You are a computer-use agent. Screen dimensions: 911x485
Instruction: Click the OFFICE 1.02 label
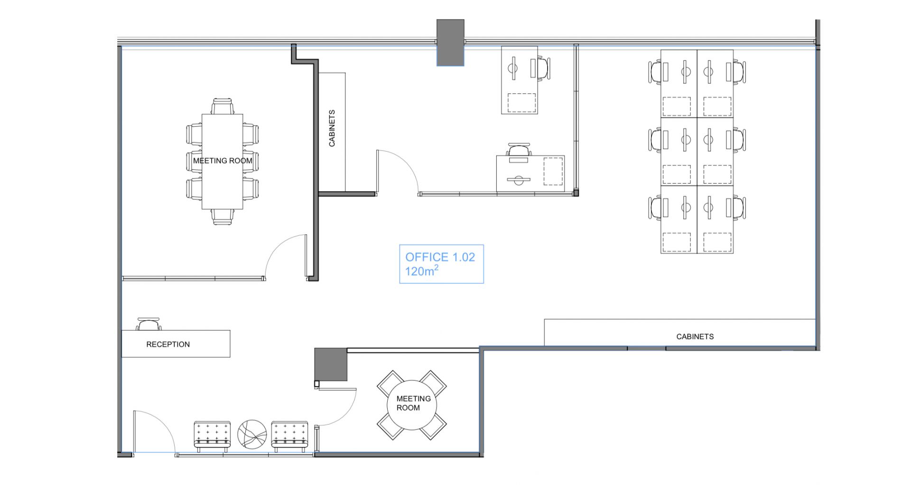pyautogui.click(x=440, y=257)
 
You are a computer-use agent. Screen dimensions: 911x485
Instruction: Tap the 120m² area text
pyautogui.click(x=421, y=271)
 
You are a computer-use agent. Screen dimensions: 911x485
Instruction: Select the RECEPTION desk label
pyautogui.click(x=168, y=345)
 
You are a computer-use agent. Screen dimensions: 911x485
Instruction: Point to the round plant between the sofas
pyautogui.click(x=252, y=434)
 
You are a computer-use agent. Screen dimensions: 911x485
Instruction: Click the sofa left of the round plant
pyautogui.click(x=212, y=436)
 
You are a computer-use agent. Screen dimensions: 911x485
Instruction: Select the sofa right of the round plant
pyautogui.click(x=289, y=436)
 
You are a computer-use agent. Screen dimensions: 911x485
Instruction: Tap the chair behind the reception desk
pyautogui.click(x=149, y=324)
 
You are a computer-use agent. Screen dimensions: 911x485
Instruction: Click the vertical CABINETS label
pyautogui.click(x=332, y=128)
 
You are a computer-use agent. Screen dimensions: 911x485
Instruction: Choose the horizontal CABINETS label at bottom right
pyautogui.click(x=695, y=336)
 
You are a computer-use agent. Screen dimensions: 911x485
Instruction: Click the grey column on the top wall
pyautogui.click(x=450, y=42)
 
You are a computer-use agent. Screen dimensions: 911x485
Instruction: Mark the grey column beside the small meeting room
pyautogui.click(x=331, y=364)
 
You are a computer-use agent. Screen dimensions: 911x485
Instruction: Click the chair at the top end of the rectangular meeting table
pyautogui.click(x=223, y=106)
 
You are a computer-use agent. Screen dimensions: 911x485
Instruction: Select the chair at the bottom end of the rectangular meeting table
pyautogui.click(x=223, y=217)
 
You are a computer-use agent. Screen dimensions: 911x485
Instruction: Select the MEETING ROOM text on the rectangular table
pyautogui.click(x=223, y=161)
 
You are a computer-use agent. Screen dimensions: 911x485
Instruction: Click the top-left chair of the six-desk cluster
pyautogui.click(x=656, y=72)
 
